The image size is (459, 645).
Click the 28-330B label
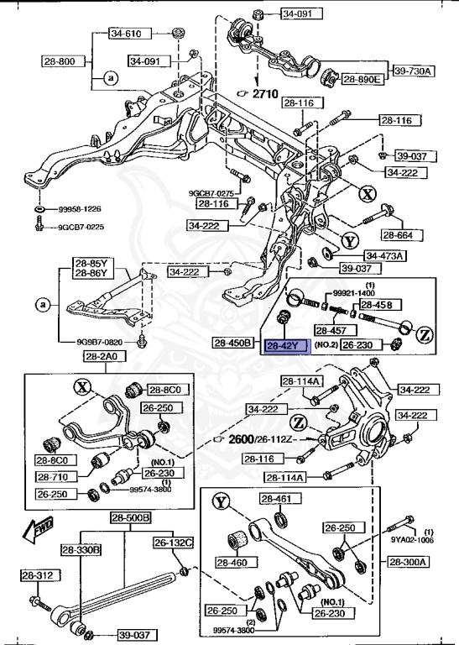(81, 549)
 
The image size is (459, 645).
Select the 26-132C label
(173, 543)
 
